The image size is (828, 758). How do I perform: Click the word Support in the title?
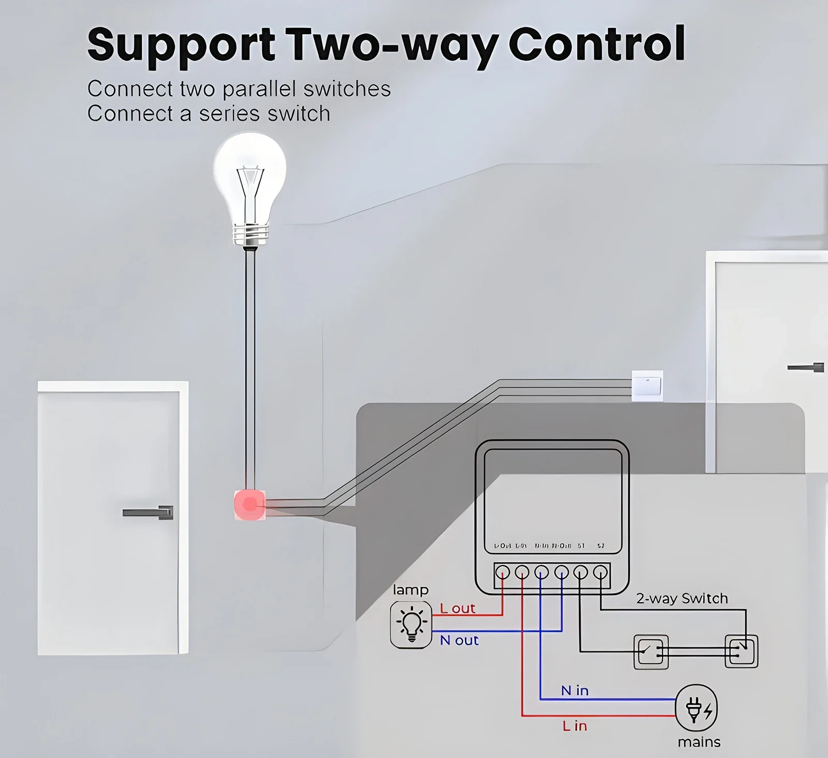[x=181, y=46]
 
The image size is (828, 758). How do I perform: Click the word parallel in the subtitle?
[x=260, y=89]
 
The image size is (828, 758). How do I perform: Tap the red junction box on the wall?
[x=249, y=504]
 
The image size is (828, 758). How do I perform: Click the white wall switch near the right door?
[x=647, y=385]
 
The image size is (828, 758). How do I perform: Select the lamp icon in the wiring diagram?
[x=411, y=625]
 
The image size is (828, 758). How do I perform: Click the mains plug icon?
[x=697, y=708]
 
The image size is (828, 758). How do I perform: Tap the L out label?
[x=457, y=608]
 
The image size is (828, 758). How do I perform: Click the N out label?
[x=459, y=641]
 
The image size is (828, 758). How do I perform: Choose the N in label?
[x=574, y=691]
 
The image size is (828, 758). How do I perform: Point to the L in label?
[x=574, y=726]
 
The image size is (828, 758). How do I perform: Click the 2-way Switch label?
[x=682, y=599]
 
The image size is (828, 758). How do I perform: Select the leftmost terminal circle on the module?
[x=502, y=572]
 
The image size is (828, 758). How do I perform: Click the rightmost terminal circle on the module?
[x=600, y=572]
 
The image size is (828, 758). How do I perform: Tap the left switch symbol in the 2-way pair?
[x=650, y=651]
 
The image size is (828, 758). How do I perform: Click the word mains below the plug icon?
[x=699, y=742]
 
